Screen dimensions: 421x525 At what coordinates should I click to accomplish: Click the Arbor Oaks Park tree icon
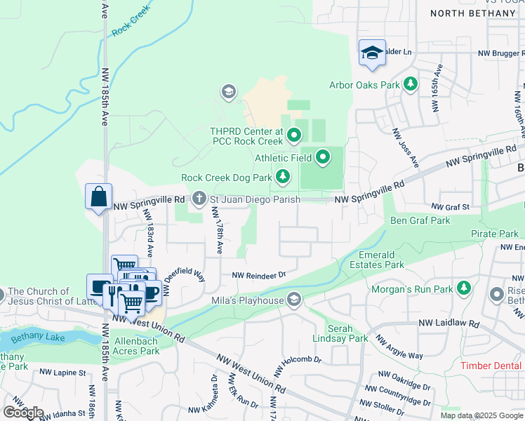[x=411, y=85]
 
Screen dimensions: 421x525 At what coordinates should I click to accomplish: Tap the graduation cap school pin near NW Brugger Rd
[x=372, y=53]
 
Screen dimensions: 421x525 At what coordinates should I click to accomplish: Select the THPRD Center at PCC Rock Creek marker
[x=295, y=133]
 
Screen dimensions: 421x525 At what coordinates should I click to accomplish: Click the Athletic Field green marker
[x=323, y=158]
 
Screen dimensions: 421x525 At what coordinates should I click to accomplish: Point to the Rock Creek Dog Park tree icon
[x=282, y=177]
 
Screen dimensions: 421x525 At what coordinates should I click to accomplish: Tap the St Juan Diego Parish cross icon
[x=199, y=199]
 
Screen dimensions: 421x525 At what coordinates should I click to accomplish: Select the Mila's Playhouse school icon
[x=295, y=300]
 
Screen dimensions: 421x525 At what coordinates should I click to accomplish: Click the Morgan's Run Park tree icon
[x=463, y=288]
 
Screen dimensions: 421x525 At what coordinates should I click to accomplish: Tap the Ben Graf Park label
[x=420, y=220]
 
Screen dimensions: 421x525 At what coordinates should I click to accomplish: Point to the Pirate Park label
[x=495, y=233]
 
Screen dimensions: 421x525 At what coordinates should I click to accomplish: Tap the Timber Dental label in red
[x=492, y=366]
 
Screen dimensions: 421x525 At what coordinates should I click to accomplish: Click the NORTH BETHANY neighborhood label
[x=472, y=13]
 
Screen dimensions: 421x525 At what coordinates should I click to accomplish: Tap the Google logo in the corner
[x=23, y=413]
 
